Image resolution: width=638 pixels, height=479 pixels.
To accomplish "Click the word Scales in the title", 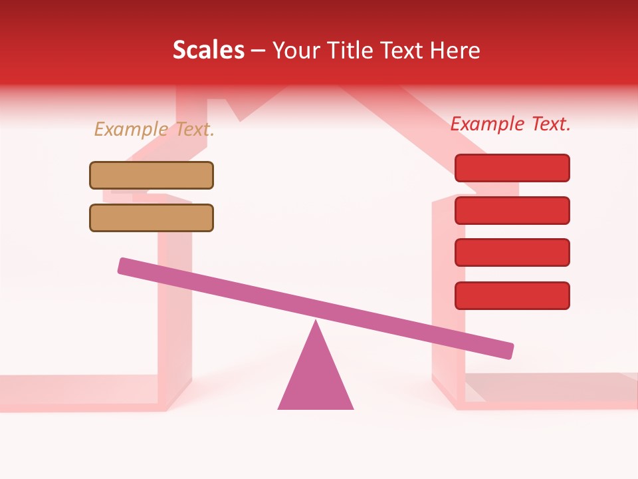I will (x=209, y=50).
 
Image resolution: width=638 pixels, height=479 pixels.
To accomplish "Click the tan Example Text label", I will (x=154, y=129).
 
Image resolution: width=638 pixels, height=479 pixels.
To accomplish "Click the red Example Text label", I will (x=510, y=124).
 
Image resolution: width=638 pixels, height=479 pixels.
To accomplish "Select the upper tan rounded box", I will (x=152, y=175).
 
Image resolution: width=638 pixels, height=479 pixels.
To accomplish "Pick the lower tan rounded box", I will (x=152, y=218).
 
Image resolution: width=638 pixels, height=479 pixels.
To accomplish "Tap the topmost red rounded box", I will (x=512, y=168).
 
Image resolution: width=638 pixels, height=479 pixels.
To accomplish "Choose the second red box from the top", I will (x=512, y=210).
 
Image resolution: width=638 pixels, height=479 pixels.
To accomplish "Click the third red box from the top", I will (x=512, y=253).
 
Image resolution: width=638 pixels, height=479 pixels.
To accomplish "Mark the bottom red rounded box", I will (x=512, y=295).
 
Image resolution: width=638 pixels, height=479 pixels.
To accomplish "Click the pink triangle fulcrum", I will (x=316, y=379).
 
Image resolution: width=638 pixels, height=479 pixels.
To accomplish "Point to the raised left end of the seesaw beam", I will (x=124, y=265).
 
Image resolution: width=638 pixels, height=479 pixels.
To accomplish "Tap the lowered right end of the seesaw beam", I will (x=507, y=351).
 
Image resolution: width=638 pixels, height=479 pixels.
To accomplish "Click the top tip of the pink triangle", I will (x=316, y=323).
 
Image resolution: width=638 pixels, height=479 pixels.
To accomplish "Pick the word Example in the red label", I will (x=487, y=124).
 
